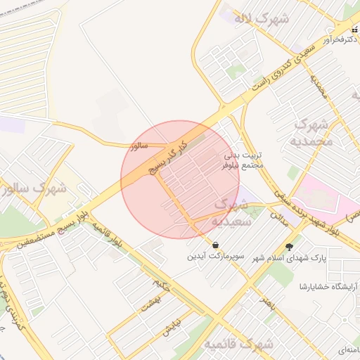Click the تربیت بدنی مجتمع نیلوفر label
point(242,160)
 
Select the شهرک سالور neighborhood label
point(35,188)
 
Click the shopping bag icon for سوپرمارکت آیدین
point(213,245)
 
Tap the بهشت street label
point(149,302)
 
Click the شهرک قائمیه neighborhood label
point(239,345)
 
